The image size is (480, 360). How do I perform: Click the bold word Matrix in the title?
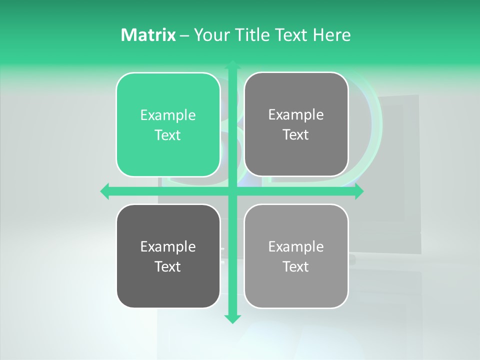pos(148,35)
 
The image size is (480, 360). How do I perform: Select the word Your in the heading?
pos(210,35)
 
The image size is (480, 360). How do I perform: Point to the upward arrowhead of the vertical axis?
pos(232,65)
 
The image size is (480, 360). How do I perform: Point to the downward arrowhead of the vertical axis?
pos(232,319)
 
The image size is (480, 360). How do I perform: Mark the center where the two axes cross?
pos(232,191)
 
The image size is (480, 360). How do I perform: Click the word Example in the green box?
pos(168,115)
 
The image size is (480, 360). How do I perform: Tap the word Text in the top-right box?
pos(296,135)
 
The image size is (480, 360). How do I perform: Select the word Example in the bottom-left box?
pos(168,247)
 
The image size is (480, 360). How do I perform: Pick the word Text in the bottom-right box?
pos(296,267)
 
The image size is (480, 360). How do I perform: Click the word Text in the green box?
pos(168,135)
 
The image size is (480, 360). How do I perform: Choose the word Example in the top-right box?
pos(296,115)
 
